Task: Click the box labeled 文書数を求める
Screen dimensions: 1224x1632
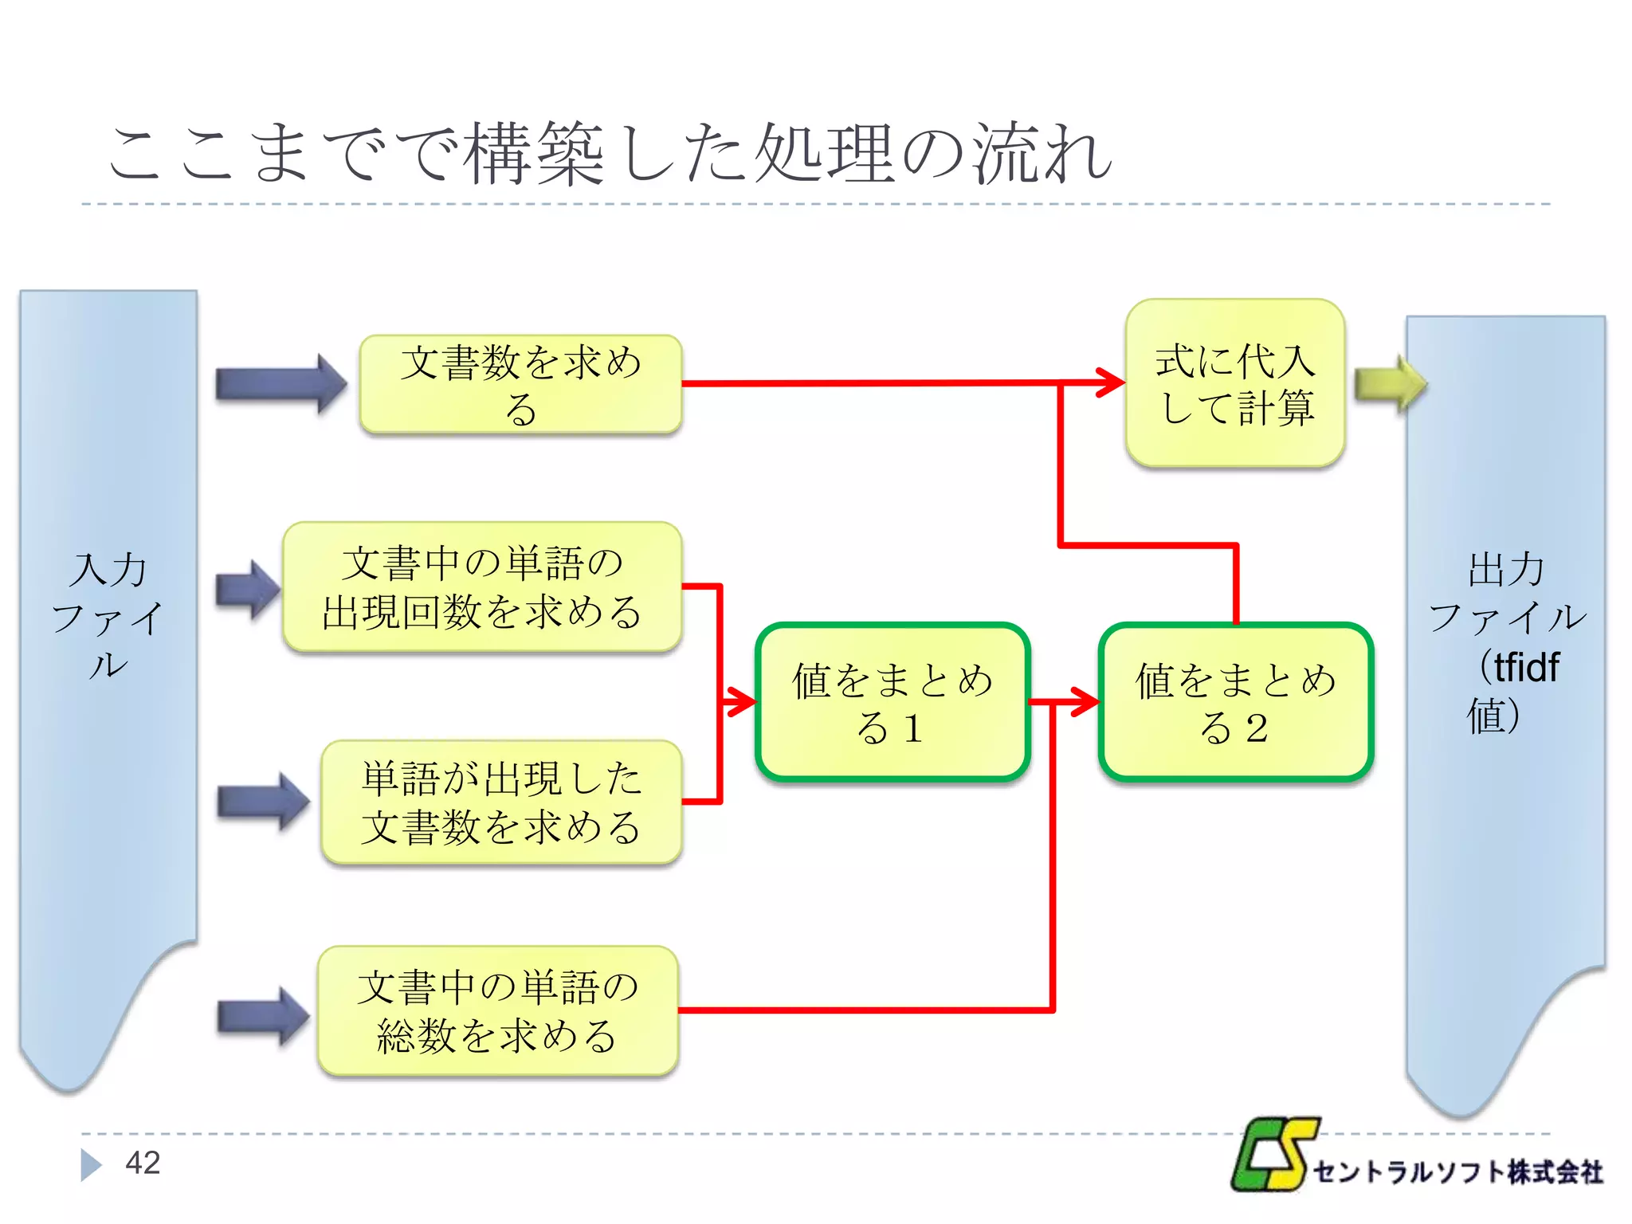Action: [x=520, y=384]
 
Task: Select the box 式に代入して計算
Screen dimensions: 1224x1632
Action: [x=1234, y=383]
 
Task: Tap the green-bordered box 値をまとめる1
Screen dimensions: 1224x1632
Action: [x=892, y=702]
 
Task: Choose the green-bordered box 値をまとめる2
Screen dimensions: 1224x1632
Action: [x=1235, y=702]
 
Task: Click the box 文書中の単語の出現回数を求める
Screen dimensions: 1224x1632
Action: [x=482, y=587]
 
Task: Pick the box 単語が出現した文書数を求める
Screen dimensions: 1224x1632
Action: [x=501, y=802]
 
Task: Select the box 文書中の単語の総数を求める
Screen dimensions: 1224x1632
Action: [x=497, y=1011]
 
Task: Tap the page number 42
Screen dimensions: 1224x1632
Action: [x=143, y=1163]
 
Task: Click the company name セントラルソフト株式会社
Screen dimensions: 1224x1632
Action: [x=1457, y=1172]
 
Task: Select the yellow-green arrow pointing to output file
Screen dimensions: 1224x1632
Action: [x=1389, y=384]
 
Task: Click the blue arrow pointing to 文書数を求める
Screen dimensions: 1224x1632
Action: [x=280, y=384]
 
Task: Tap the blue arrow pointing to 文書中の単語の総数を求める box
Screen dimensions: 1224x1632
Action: [x=263, y=1016]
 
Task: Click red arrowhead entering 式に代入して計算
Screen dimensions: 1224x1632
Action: [x=1111, y=383]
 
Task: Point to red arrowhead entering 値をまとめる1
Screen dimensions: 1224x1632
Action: [x=742, y=702]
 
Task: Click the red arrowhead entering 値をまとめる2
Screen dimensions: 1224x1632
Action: [x=1085, y=702]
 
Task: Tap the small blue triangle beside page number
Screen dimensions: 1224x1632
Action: [x=91, y=1165]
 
